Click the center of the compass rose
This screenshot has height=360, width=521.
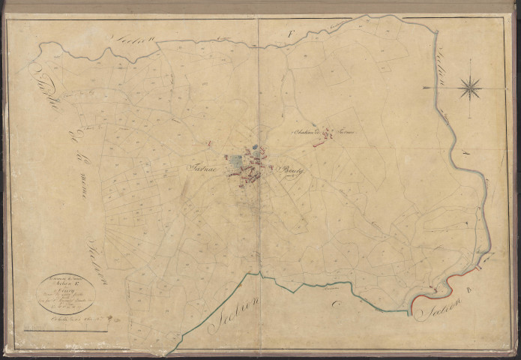pyautogui.click(x=470, y=88)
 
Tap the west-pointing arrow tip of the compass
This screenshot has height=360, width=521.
pyautogui.click(x=425, y=88)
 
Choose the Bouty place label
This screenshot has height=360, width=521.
pyautogui.click(x=289, y=170)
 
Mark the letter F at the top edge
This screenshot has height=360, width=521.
pyautogui.click(x=292, y=31)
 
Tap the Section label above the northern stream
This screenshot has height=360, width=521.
pyautogui.click(x=133, y=40)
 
